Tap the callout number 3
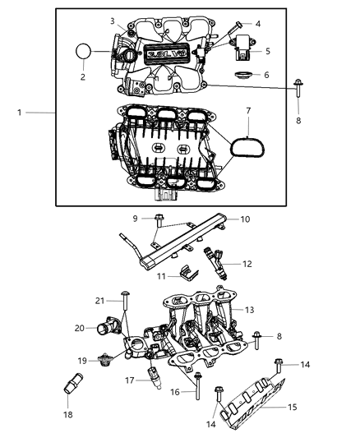tap(113, 20)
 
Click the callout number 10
tap(244, 219)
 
